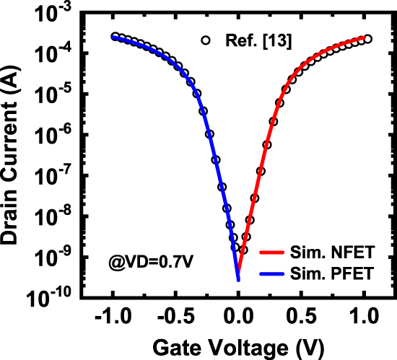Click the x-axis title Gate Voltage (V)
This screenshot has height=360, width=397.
[x=238, y=345]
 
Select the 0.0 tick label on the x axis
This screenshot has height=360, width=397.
[x=238, y=315]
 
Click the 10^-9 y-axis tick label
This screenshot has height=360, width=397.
[x=56, y=255]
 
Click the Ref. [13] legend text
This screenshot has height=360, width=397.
[x=247, y=41]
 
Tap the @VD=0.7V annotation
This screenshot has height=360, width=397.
[x=126, y=258]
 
